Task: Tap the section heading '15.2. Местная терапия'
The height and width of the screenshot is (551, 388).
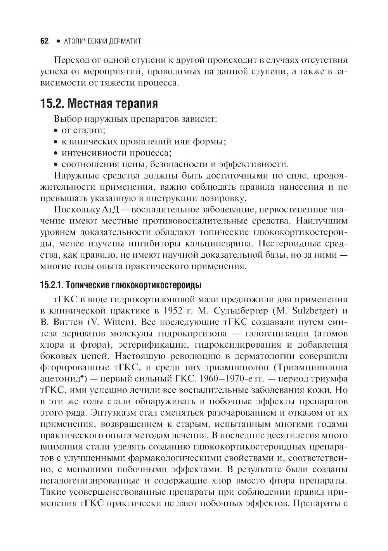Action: click(99, 104)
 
